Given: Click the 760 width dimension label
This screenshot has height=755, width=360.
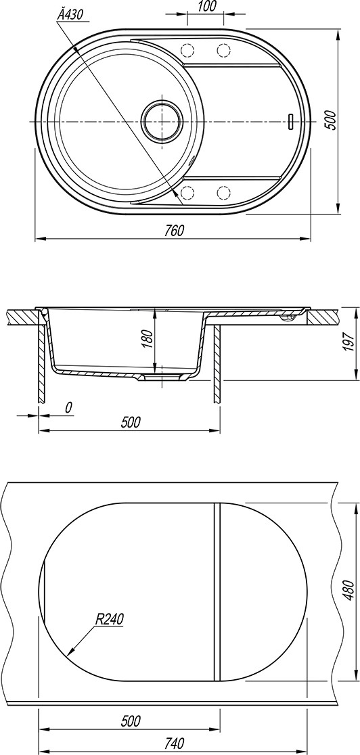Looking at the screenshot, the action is (x=173, y=231).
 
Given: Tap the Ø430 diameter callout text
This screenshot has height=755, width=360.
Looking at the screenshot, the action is (x=70, y=15).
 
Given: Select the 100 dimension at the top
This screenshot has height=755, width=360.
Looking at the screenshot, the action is (x=206, y=6).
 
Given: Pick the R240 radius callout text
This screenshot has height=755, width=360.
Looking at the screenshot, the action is (x=110, y=619).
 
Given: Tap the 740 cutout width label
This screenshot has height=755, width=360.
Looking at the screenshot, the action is (x=174, y=744).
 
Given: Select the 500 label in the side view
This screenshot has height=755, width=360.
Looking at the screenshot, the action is (x=131, y=422).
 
